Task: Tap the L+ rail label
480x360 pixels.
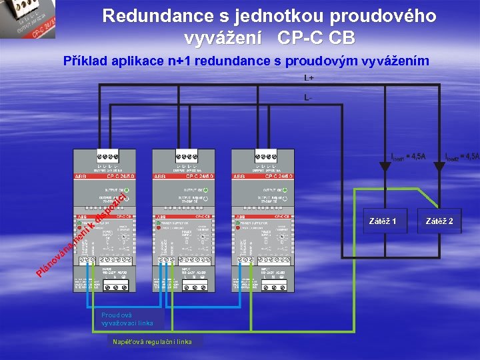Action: coord(309,78)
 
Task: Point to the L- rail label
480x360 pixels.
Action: coord(308,97)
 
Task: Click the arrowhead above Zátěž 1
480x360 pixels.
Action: coord(383,168)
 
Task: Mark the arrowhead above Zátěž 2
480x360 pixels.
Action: coord(438,168)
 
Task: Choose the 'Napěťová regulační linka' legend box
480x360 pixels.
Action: coord(156,342)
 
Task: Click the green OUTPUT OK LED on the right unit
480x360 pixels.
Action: coord(286,190)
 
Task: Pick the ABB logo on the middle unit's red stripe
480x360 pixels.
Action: coord(160,177)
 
